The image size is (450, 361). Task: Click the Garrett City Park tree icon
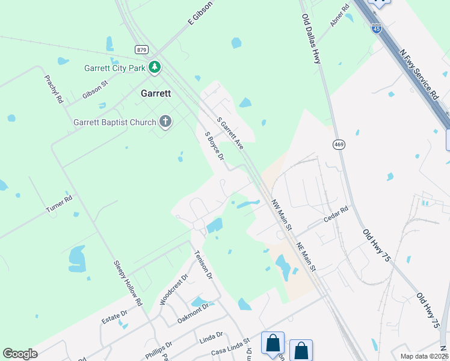pyautogui.click(x=155, y=67)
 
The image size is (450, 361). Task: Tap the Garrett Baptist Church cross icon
pyautogui.click(x=165, y=122)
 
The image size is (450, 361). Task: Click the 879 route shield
pyautogui.click(x=141, y=50)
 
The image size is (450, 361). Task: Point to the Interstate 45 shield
pyautogui.click(x=376, y=28)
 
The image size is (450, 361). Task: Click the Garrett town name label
pyautogui.click(x=156, y=93)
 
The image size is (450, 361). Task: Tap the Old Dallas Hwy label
pyautogui.click(x=311, y=39)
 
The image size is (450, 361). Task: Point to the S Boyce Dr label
pyautogui.click(x=214, y=146)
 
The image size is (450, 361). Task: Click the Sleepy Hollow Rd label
pyautogui.click(x=128, y=283)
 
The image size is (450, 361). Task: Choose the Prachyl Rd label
pyautogui.click(x=54, y=90)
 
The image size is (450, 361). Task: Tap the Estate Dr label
pyautogui.click(x=115, y=316)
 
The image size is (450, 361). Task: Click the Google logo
pyautogui.click(x=20, y=354)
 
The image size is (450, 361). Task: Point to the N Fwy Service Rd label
pyautogui.click(x=419, y=74)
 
